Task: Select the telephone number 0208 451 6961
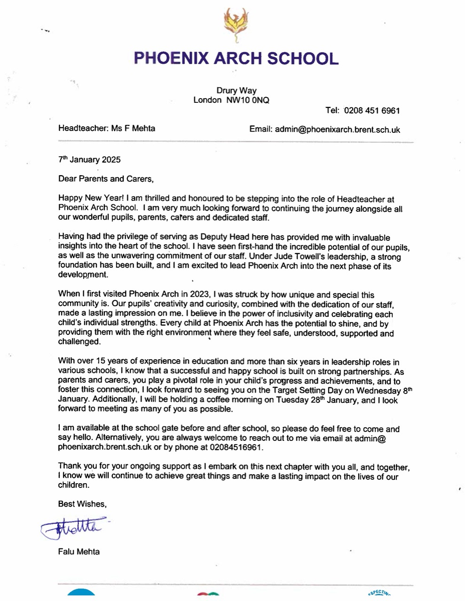point(372,111)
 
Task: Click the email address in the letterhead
point(338,130)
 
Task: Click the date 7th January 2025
point(89,160)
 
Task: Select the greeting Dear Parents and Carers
point(106,178)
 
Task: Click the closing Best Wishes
point(82,504)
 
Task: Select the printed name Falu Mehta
point(79,552)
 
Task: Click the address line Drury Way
point(236,91)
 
